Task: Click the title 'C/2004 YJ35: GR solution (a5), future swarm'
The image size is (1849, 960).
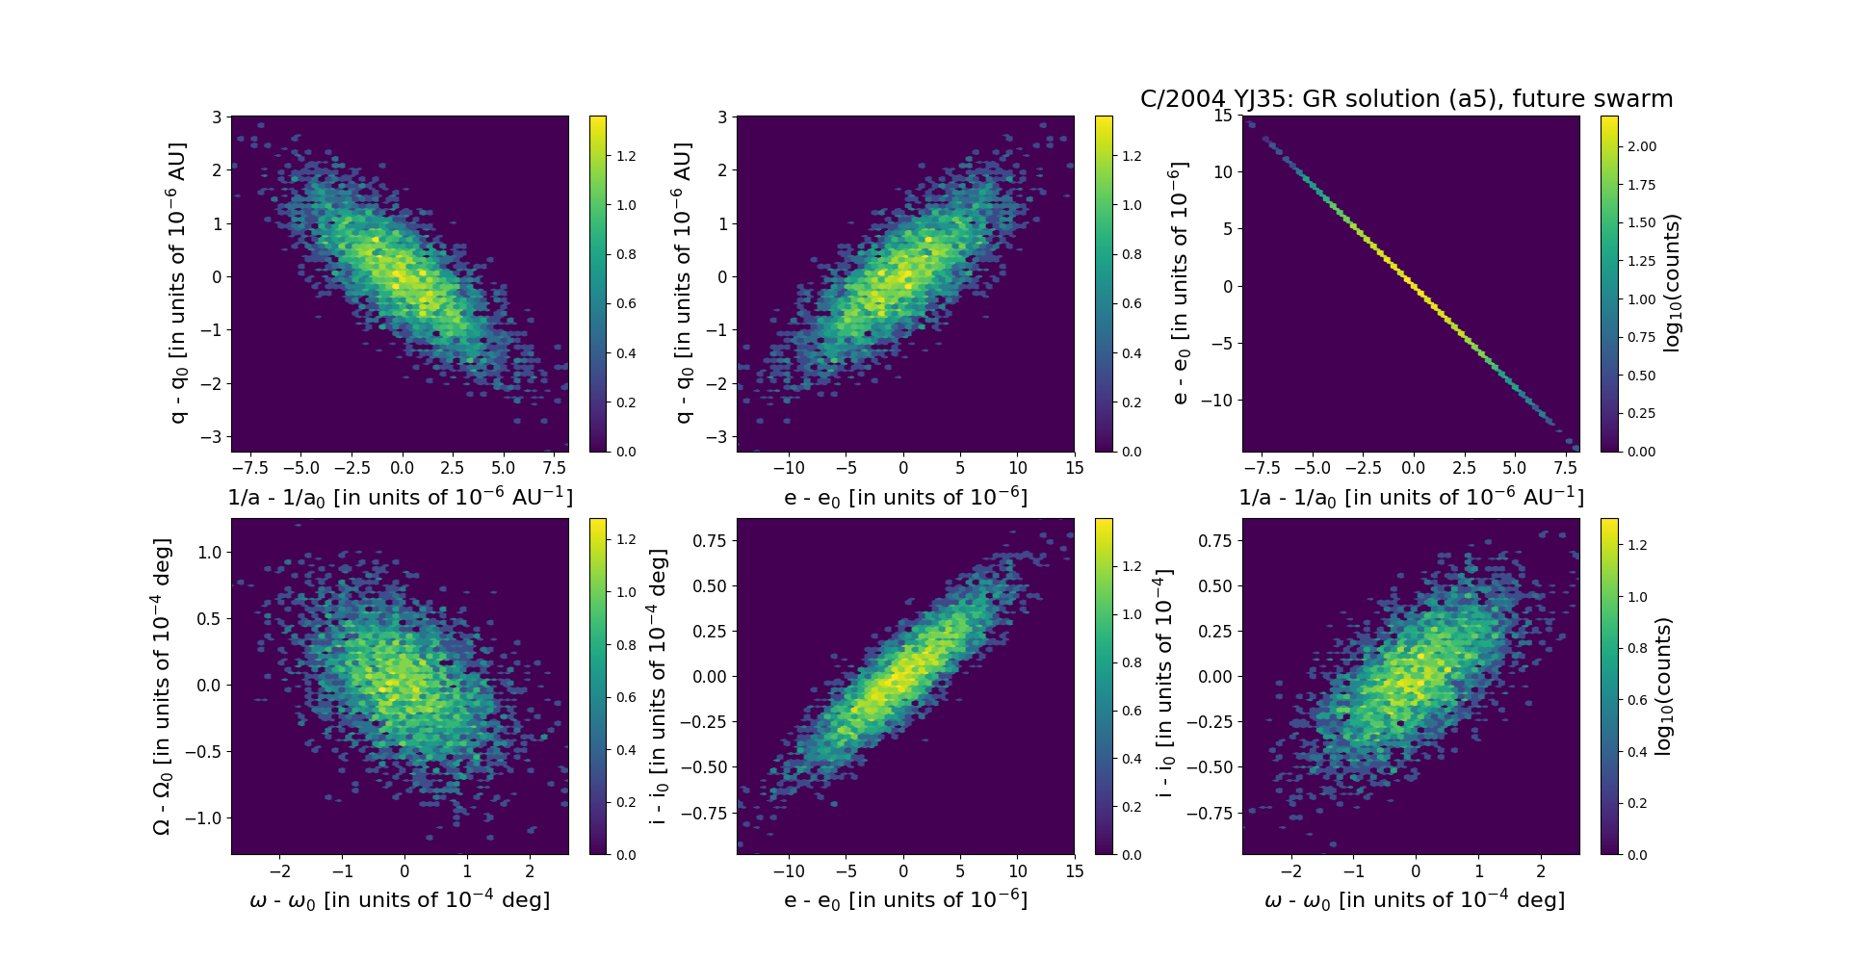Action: tap(1406, 99)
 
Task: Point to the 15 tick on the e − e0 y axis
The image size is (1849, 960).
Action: tap(1222, 116)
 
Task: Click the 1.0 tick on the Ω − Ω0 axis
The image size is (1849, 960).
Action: tap(209, 553)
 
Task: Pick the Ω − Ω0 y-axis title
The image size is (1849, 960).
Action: tap(162, 686)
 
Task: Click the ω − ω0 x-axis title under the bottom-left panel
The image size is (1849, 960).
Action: tap(400, 900)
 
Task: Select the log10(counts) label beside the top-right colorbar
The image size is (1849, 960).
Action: tap(1672, 283)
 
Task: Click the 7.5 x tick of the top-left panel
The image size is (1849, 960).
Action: tap(554, 468)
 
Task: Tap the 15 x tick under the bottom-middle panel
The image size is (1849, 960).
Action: tap(1075, 870)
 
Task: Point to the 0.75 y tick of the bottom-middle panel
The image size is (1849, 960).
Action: tap(711, 541)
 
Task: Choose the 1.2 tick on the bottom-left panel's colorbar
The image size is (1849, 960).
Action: tap(626, 539)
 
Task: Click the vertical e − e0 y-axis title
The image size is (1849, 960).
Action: tap(1179, 283)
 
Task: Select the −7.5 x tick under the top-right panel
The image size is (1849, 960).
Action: tap(1262, 468)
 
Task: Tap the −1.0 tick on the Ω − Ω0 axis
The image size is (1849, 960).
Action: tap(204, 818)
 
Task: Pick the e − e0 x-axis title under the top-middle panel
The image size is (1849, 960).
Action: tap(905, 498)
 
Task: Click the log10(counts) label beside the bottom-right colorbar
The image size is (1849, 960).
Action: tap(1662, 686)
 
